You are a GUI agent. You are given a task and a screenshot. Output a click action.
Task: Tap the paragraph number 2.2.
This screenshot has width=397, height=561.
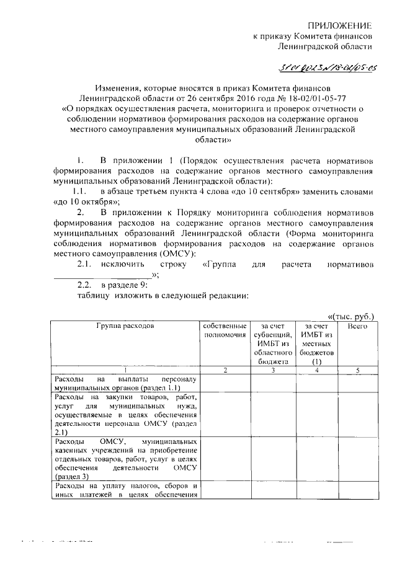tap(84, 285)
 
